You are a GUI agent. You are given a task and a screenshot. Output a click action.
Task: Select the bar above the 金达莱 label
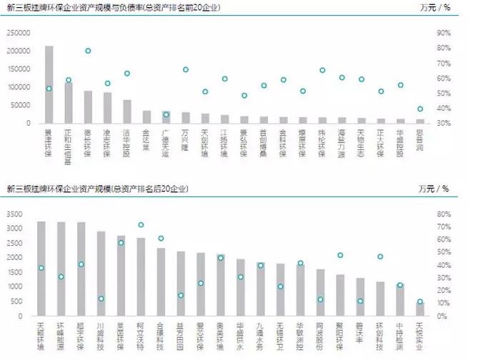click(146, 116)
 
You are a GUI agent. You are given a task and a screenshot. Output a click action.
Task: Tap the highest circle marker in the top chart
click(88, 51)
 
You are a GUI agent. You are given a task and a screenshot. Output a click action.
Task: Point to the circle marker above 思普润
click(420, 109)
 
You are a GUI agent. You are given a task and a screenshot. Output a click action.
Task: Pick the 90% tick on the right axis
click(443, 33)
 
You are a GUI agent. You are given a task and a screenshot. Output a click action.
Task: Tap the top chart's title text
click(114, 8)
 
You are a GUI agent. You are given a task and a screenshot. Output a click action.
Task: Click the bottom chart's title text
click(97, 189)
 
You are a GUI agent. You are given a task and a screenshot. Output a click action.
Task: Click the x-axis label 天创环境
click(206, 141)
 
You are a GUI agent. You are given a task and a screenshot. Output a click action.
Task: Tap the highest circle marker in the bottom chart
click(141, 225)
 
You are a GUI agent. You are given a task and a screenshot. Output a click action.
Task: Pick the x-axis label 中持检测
click(400, 334)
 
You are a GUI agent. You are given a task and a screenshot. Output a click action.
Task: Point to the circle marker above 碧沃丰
click(360, 301)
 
